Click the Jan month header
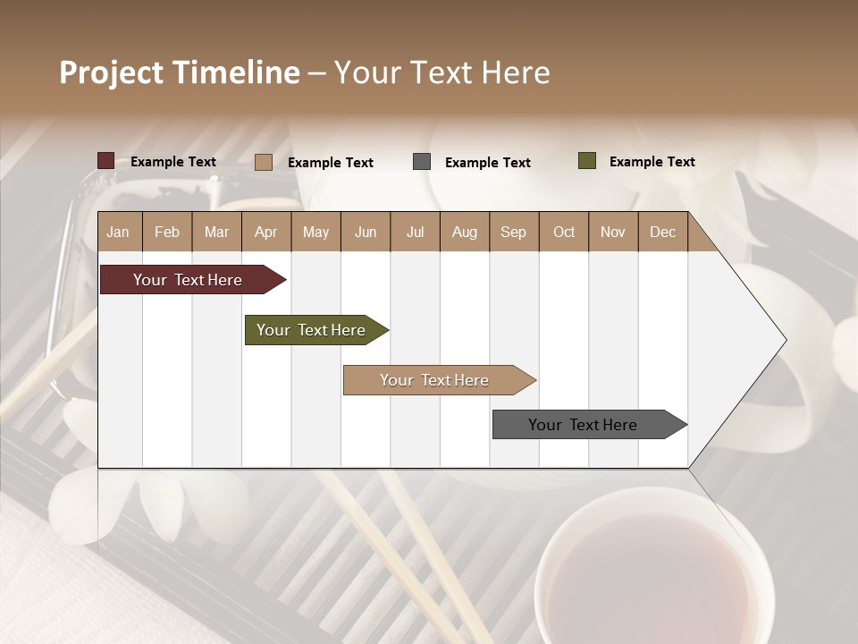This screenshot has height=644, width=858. click(118, 233)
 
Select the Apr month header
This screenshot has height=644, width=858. click(266, 233)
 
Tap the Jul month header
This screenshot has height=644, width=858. click(415, 233)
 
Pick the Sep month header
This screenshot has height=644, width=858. click(514, 233)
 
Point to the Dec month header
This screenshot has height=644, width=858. click(662, 233)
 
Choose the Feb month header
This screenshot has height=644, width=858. click(167, 233)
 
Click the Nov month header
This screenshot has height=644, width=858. click(613, 233)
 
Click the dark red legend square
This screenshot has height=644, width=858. click(106, 161)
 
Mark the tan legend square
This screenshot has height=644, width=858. click(264, 162)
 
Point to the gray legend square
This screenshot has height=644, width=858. click(422, 162)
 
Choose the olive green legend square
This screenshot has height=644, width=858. click(587, 161)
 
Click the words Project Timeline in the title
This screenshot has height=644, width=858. click(180, 72)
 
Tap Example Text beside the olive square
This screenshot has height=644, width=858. click(652, 162)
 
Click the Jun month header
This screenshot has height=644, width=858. click(366, 233)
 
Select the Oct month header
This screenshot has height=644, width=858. click(564, 233)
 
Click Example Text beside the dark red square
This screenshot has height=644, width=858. click(173, 162)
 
